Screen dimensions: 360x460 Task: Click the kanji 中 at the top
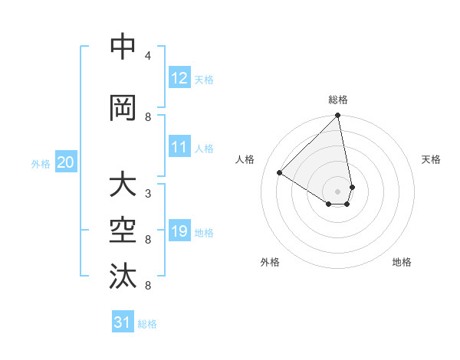pos(123,47)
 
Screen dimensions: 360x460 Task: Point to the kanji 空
pos(123,231)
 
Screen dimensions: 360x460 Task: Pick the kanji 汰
pos(123,277)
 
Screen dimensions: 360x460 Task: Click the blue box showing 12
pos(179,78)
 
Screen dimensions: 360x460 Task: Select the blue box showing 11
pos(179,148)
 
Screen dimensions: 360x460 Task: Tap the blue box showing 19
pos(179,232)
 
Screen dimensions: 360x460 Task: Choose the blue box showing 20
pos(66,162)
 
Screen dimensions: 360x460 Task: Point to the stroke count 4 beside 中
pos(148,56)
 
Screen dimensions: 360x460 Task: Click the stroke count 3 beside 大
pos(148,194)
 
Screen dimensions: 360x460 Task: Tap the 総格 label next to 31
pos(147,324)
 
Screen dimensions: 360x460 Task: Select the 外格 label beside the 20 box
pos(41,163)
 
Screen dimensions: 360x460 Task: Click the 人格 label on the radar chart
pos(245,159)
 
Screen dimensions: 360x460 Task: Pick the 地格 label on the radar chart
pos(402,262)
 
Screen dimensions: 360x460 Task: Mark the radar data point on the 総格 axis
pos(338,116)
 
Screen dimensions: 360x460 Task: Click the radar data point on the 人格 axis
pos(280,172)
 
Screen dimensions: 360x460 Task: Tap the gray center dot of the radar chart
pos(338,191)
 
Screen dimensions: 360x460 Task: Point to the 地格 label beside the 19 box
pos(205,233)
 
